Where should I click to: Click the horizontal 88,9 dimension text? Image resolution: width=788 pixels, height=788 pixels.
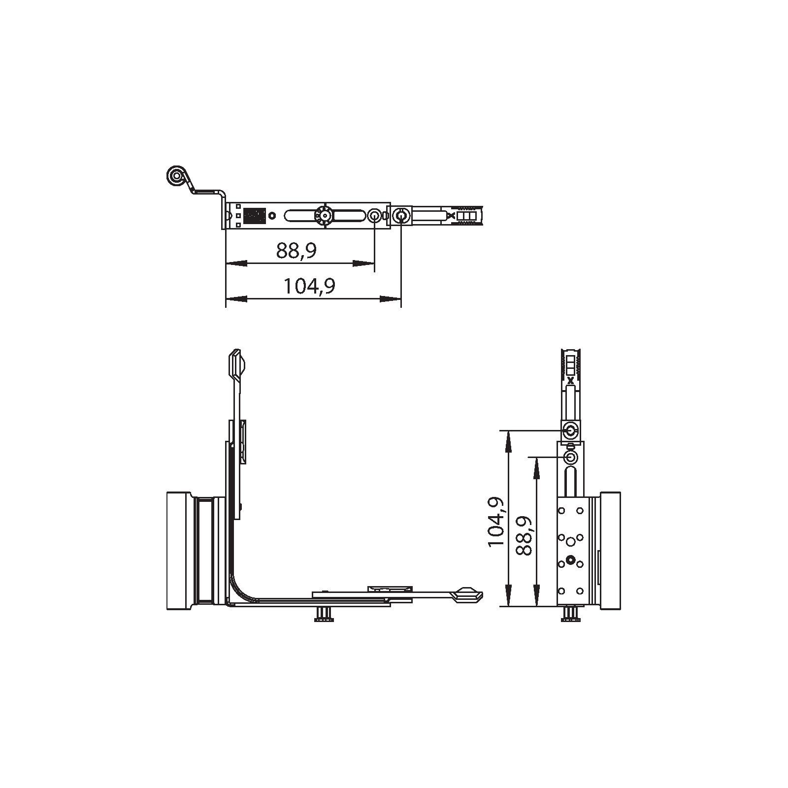pyautogui.click(x=296, y=251)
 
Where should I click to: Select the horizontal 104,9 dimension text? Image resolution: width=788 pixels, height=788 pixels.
pyautogui.click(x=310, y=286)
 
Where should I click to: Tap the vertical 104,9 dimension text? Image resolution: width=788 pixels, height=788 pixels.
pyautogui.click(x=495, y=522)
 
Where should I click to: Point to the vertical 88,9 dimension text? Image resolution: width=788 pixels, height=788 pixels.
pyautogui.click(x=524, y=536)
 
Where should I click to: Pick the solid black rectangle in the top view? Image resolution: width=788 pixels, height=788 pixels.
pyautogui.click(x=255, y=216)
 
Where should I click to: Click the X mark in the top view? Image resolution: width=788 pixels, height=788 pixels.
pyautogui.click(x=451, y=216)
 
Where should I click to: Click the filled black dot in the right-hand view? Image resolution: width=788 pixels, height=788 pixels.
pyautogui.click(x=570, y=559)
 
